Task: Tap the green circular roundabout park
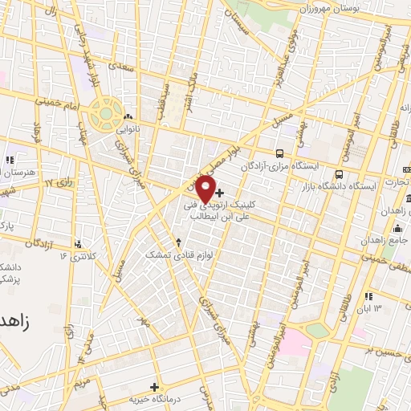105,113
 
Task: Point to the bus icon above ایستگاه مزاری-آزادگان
279,153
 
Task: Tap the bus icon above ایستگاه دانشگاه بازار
340,174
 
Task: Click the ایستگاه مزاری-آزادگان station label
295,165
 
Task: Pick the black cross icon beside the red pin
220,193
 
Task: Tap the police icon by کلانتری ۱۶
79,244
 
